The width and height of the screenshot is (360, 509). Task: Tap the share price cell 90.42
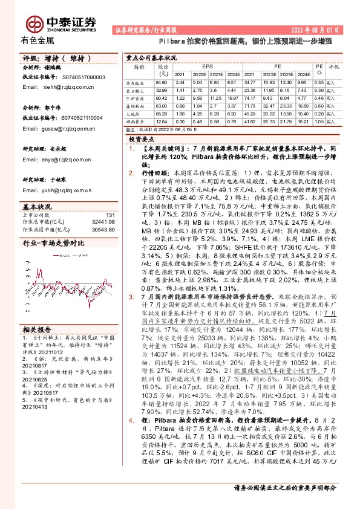(x=161, y=97)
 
